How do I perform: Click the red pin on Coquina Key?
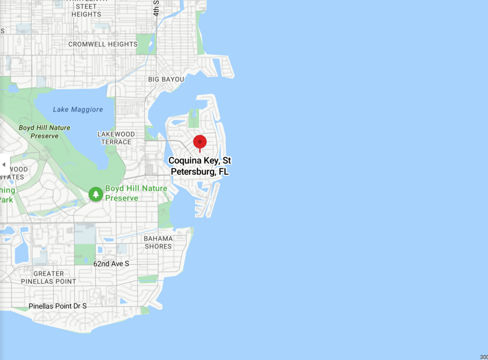(x=200, y=142)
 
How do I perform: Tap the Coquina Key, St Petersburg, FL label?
(x=200, y=166)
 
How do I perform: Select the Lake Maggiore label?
(x=78, y=110)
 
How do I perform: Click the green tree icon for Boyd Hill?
(x=96, y=194)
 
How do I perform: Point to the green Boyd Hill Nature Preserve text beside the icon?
(x=136, y=193)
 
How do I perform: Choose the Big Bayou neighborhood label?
(x=166, y=79)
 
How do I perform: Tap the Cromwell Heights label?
(x=103, y=44)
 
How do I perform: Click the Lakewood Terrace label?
(x=116, y=138)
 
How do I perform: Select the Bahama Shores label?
(x=158, y=242)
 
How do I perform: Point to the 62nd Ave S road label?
(x=111, y=263)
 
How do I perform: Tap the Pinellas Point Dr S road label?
(x=58, y=306)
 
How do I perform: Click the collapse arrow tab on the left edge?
(x=4, y=165)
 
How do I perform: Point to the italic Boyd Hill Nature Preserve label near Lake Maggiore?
(x=44, y=132)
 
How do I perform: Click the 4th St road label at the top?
(x=156, y=9)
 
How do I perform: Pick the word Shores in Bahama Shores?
(x=158, y=246)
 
